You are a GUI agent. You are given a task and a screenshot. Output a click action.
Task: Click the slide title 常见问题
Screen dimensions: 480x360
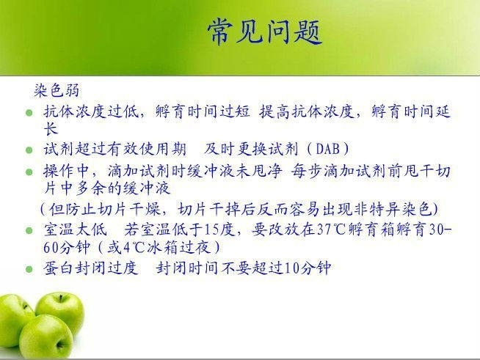tap(265, 32)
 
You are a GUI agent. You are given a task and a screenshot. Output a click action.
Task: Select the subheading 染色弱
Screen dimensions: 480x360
tap(57, 90)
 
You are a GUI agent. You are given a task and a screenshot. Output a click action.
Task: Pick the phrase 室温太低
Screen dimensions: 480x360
tap(76, 229)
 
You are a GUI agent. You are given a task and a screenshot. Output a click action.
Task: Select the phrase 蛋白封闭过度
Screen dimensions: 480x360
tap(91, 268)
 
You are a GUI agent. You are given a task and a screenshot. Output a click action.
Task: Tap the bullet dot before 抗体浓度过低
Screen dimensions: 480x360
tap(29, 113)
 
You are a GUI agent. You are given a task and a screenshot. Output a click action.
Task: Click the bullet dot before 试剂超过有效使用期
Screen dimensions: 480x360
tap(29, 150)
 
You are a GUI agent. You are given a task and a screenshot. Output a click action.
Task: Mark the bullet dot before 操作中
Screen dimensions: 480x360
tap(29, 172)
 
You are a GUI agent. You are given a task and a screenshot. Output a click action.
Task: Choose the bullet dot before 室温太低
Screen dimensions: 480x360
tap(29, 230)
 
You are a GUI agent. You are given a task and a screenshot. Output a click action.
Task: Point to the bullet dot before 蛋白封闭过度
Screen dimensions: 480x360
tap(29, 269)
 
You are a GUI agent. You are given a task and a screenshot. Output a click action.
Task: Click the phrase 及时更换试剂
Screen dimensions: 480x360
tap(251, 149)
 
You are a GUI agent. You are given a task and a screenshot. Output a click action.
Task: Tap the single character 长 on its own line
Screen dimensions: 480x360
tap(51, 128)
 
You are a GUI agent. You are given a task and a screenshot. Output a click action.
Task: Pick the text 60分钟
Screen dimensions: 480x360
tap(67, 247)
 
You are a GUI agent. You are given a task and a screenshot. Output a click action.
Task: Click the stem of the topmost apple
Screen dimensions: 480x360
tap(61, 298)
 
